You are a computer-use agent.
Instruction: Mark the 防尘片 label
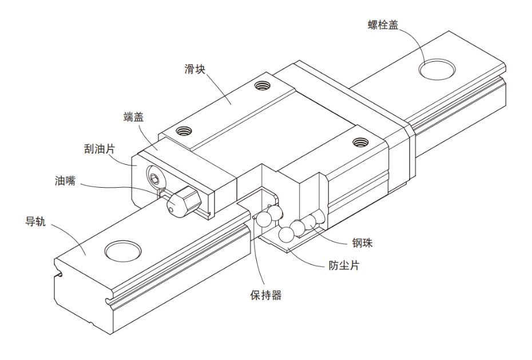coord(344,266)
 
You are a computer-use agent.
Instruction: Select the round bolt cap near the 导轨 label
coord(123,250)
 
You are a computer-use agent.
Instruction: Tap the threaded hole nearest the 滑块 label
coord(262,86)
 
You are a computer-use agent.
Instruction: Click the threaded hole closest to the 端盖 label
coord(183,130)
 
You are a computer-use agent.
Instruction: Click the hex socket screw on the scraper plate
coord(154,179)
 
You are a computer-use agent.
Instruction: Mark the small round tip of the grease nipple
coord(172,211)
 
